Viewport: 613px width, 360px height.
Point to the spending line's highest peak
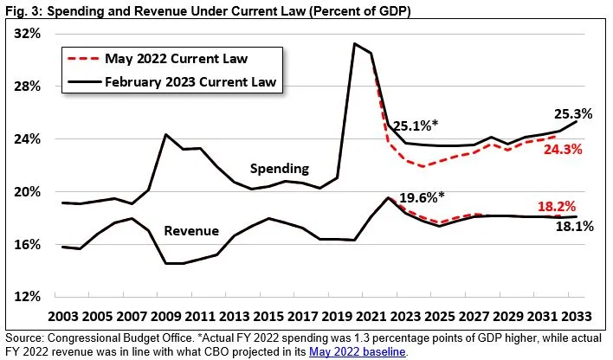[x=355, y=43]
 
